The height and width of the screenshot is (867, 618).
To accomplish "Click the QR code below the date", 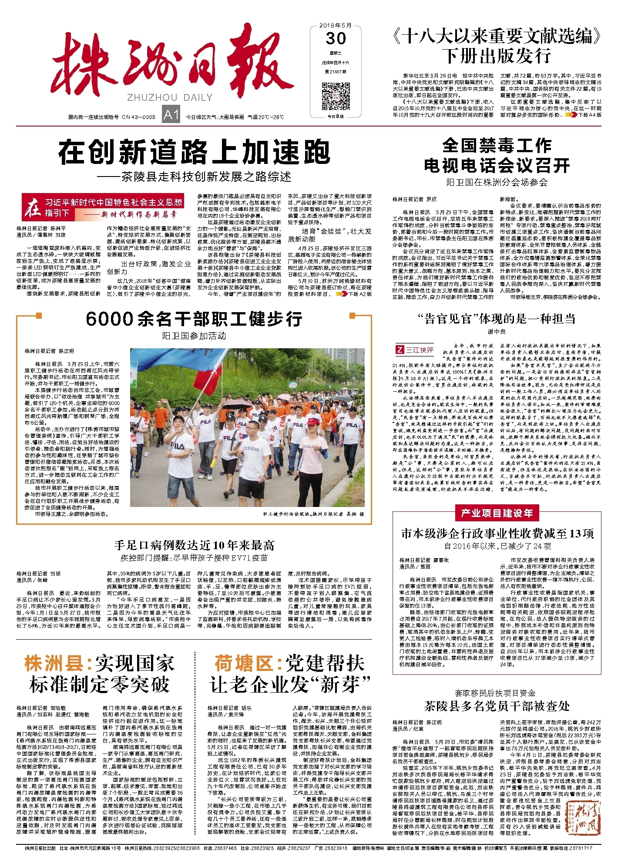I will pos(336,96).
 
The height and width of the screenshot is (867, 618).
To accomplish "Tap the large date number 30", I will pos(336,38).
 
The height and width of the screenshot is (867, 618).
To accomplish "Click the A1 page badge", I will pos(171,115).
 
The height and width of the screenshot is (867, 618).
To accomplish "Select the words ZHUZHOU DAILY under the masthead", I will pos(170,97).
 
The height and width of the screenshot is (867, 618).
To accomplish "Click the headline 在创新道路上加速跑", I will pos(194,152).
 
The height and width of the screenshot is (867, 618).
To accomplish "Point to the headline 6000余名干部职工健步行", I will pos(194,319).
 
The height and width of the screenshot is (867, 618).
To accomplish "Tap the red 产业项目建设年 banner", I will pos(497,513).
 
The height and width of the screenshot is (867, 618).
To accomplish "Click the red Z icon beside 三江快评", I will pos(399,350).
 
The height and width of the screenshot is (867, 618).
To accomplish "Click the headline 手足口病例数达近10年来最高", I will pos(194,545).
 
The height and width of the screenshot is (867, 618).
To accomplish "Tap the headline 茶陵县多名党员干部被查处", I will pos(497,706).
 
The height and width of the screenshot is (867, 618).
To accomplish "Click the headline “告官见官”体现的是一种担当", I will pos(497,319).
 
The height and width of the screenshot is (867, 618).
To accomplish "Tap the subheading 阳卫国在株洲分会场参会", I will pos(497,182).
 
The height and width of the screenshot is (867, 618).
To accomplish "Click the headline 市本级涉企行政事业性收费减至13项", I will pos(497,534).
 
